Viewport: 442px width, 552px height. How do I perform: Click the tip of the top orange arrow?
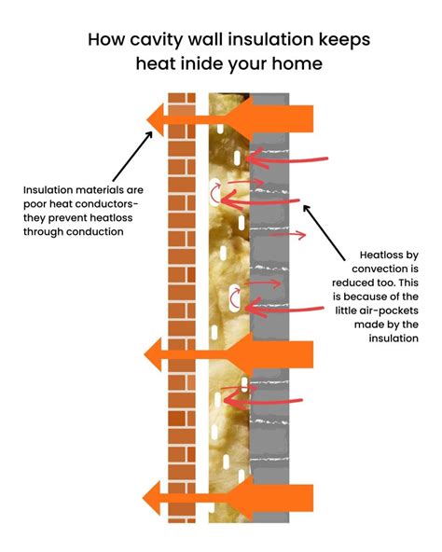point(146,120)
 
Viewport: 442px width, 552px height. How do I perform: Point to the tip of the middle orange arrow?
point(145,354)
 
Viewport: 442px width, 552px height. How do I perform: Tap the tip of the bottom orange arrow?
point(143,498)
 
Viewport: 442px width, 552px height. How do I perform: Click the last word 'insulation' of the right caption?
point(394,338)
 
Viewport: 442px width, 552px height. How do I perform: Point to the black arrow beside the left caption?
point(132,157)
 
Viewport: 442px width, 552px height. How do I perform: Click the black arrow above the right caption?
point(325,233)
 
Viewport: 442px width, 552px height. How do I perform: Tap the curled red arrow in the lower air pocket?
point(232,298)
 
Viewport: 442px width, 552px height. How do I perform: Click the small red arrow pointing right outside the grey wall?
point(288,234)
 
